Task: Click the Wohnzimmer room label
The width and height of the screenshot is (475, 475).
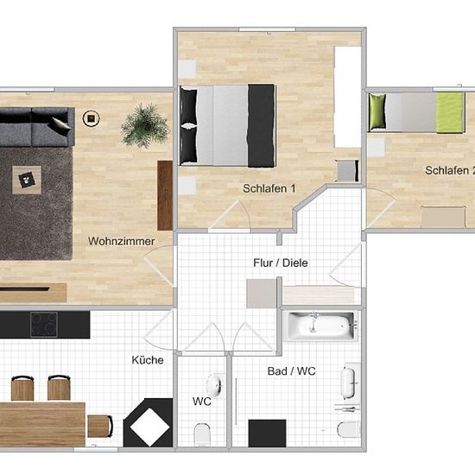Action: (122, 241)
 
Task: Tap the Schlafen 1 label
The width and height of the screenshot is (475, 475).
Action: (269, 188)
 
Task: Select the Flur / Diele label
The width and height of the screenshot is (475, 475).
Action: (281, 263)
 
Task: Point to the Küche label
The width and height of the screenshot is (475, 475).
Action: (148, 360)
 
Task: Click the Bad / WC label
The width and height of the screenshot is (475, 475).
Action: (291, 371)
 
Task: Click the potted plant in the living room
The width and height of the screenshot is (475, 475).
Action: (144, 125)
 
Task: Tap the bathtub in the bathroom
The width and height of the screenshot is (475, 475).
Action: (321, 326)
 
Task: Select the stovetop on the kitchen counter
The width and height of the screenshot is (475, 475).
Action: (44, 325)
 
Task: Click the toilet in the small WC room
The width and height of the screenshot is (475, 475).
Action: (202, 434)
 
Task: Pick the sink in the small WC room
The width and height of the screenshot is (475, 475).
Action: (215, 386)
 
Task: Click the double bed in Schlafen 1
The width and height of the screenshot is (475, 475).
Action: (227, 125)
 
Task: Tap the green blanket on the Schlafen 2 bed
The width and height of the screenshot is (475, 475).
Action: (450, 112)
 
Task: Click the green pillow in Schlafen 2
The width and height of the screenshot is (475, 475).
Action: (377, 111)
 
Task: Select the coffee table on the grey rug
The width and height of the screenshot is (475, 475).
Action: (27, 180)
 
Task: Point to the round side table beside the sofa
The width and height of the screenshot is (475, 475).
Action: (92, 118)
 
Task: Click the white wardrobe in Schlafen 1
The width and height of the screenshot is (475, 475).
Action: (348, 97)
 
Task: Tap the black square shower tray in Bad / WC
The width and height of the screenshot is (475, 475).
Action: (267, 434)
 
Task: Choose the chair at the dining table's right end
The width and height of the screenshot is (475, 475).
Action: (100, 427)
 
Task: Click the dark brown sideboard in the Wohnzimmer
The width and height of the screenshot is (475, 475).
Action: (165, 195)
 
